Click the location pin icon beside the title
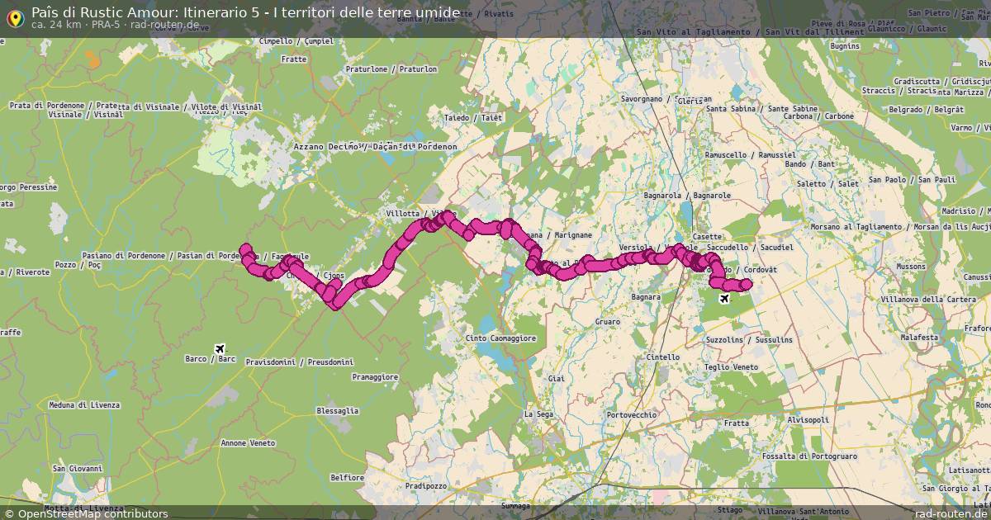pos(14,17)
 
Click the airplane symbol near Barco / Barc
pos(219,348)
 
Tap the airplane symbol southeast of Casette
pos(725,298)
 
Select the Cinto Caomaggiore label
pos(501,338)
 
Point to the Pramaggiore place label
pos(375,376)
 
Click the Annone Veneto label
pos(248,443)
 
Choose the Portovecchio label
pos(631,414)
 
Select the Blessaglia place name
pos(338,410)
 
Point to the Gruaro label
pos(607,322)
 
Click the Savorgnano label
pos(644,99)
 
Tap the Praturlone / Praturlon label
pos(391,69)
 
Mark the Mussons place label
pos(911,267)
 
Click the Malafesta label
pos(920,338)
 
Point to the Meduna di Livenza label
pos(84,405)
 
